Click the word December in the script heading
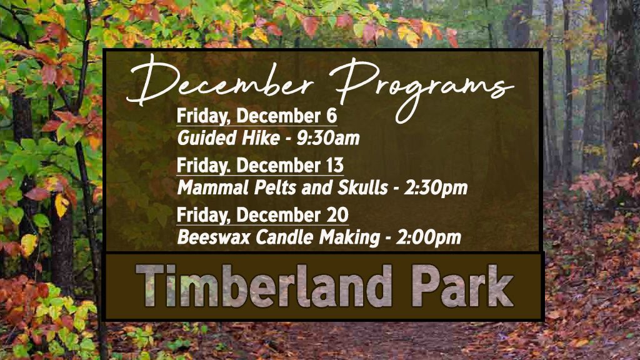pos(221,82)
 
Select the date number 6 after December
pos(331,116)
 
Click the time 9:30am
pos(327,138)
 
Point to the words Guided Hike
pos(228,138)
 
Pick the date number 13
pos(335,166)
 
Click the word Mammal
pos(212,187)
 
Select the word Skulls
pos(362,187)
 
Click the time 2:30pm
pos(436,188)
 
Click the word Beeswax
pos(214,237)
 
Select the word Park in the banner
pos(462,285)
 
